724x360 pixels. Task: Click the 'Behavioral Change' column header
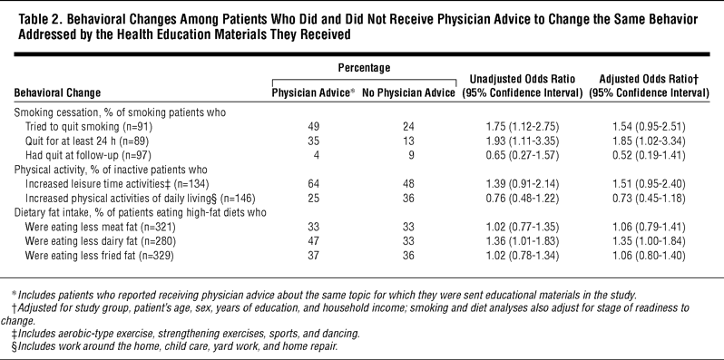tap(57, 92)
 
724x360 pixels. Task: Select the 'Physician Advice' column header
tap(313, 92)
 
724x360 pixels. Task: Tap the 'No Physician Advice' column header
tap(408, 92)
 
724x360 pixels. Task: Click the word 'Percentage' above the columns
tap(364, 68)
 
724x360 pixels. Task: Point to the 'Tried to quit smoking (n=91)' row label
tap(89, 126)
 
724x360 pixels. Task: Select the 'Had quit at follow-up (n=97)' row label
tap(88, 155)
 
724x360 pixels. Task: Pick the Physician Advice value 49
tap(314, 126)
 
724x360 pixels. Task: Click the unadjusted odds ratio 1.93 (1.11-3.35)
tap(522, 141)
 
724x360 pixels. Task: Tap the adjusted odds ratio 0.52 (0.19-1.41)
tap(649, 155)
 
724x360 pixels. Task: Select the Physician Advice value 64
tap(314, 184)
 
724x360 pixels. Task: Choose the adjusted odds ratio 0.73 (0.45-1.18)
tap(649, 199)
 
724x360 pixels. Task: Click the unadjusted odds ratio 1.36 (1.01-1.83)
tap(522, 241)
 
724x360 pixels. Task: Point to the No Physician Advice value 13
tap(408, 141)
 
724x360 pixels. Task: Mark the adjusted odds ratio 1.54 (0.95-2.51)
tap(649, 126)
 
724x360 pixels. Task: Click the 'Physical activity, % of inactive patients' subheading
tap(111, 170)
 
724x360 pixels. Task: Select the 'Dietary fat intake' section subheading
tap(141, 213)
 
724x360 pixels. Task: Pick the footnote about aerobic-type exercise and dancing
tap(184, 333)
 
